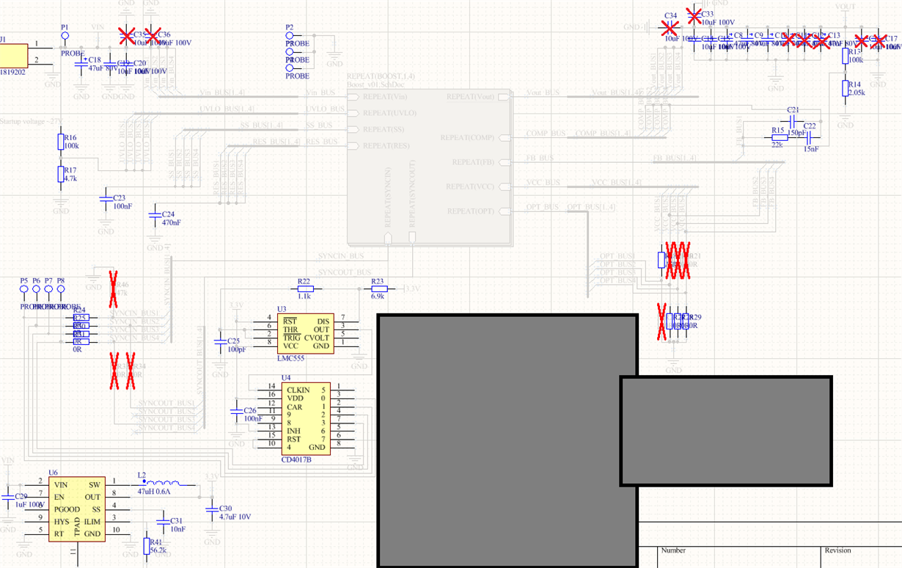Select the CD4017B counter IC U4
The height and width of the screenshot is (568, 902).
[x=305, y=418]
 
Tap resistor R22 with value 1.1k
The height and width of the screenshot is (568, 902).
[x=304, y=289]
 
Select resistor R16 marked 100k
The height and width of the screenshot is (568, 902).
[x=61, y=142]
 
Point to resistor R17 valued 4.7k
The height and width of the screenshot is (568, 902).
[x=61, y=174]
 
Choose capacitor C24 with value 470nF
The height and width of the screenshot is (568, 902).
[x=154, y=215]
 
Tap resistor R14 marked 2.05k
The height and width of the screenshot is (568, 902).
[x=846, y=89]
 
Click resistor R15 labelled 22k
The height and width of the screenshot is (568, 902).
[x=778, y=137]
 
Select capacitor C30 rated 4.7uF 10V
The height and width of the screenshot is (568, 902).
[x=211, y=508]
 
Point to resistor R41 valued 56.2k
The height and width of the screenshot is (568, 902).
[x=147, y=545]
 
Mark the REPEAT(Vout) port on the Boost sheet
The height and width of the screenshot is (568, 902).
[x=503, y=97]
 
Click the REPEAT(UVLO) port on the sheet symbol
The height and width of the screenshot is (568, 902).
[x=353, y=113]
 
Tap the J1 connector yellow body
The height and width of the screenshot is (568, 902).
[x=12, y=56]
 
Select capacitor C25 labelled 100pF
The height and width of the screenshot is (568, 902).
[x=220, y=341]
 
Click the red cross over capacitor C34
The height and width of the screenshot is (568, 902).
[x=670, y=28]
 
